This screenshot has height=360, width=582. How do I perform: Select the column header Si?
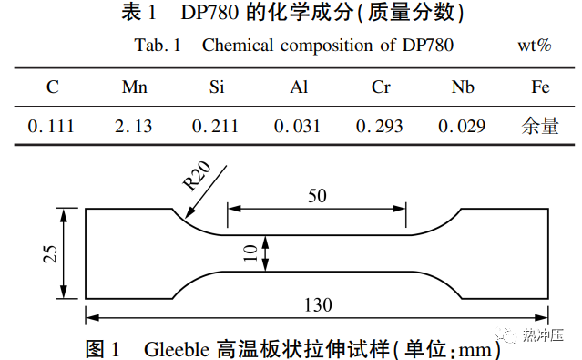(216, 88)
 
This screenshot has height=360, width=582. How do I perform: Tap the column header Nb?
(462, 88)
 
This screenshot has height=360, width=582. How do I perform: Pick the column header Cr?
(381, 88)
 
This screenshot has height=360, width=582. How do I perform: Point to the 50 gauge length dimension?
(316, 196)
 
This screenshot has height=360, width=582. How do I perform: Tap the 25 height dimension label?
(52, 253)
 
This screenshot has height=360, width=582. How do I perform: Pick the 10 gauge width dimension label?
(250, 252)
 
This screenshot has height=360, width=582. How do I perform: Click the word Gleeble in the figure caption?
(177, 347)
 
